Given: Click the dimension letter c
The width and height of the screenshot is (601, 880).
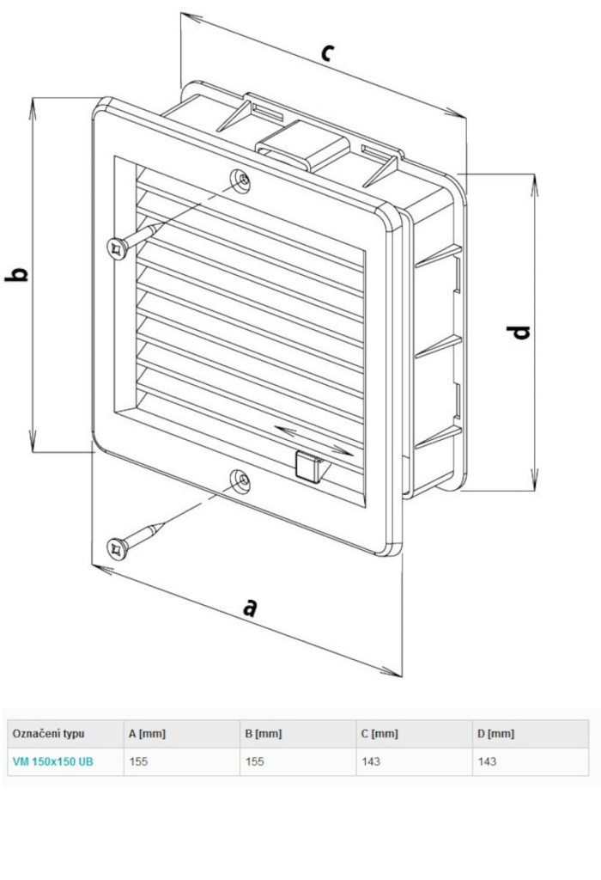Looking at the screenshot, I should pos(326,52).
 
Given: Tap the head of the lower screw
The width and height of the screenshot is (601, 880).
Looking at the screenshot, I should pos(115,547).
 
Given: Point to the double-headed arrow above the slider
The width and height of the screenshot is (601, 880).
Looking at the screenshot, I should pos(314,438).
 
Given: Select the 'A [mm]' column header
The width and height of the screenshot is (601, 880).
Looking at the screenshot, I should pos(147,734).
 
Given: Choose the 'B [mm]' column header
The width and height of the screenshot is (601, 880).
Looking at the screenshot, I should pos(263,734).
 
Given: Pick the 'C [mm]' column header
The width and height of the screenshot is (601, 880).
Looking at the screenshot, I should pos(379,734).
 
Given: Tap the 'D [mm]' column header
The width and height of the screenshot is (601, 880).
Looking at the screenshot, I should pos(495,734).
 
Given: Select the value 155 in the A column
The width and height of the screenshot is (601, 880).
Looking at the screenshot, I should pos(138,761).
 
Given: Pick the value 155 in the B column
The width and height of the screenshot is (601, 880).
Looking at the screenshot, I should pos(254,761).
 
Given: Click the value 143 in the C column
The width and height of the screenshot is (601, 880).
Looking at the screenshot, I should pos(371,761).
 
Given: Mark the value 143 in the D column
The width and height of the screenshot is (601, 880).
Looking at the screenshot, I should pos(487,761).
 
